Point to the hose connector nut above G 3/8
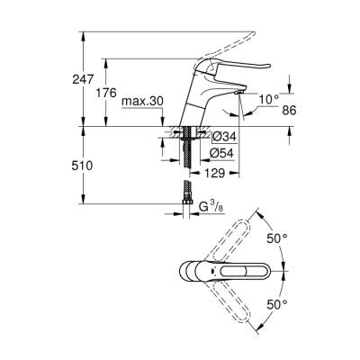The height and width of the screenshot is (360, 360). click(x=186, y=194)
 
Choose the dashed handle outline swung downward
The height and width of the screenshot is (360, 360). click(x=236, y=301)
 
